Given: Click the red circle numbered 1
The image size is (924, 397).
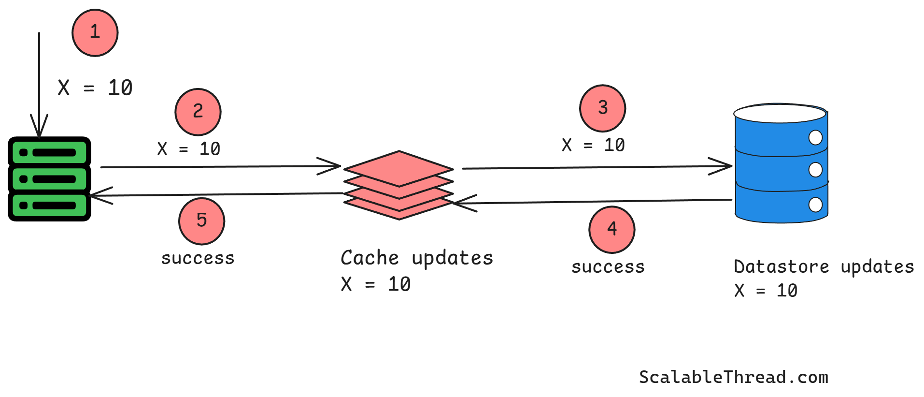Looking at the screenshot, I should pyautogui.click(x=95, y=33).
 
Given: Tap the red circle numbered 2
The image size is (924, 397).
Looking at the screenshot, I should pyautogui.click(x=198, y=112).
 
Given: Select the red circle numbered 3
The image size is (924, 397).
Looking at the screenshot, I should pyautogui.click(x=602, y=108).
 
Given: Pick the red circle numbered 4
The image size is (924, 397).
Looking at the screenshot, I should pyautogui.click(x=611, y=230).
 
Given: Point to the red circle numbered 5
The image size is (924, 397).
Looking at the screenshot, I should pyautogui.click(x=201, y=221).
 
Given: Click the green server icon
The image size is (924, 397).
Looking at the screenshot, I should pyautogui.click(x=49, y=179).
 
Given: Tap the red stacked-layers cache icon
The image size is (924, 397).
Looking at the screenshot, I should pyautogui.click(x=398, y=185).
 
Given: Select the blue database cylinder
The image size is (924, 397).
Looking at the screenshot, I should pyautogui.click(x=781, y=164).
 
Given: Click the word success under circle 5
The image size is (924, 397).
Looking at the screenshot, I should pyautogui.click(x=198, y=258).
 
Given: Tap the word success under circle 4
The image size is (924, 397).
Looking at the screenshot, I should pyautogui.click(x=608, y=267).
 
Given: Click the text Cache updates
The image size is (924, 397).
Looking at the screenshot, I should pyautogui.click(x=416, y=258).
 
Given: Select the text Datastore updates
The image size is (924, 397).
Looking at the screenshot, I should pyautogui.click(x=824, y=267).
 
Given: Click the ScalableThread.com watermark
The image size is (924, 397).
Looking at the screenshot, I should pyautogui.click(x=733, y=377).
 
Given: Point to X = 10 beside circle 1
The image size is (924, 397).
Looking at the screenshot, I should pyautogui.click(x=95, y=88).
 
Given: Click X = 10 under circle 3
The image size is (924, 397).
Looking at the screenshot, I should pyautogui.click(x=593, y=145).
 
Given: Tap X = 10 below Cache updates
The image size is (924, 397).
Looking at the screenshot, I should pyautogui.click(x=376, y=284).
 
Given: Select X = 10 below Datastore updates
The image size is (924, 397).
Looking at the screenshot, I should pyautogui.click(x=766, y=291).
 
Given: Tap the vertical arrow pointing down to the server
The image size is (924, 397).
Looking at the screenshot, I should pyautogui.click(x=39, y=82).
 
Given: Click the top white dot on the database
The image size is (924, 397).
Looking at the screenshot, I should pyautogui.click(x=815, y=138).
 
